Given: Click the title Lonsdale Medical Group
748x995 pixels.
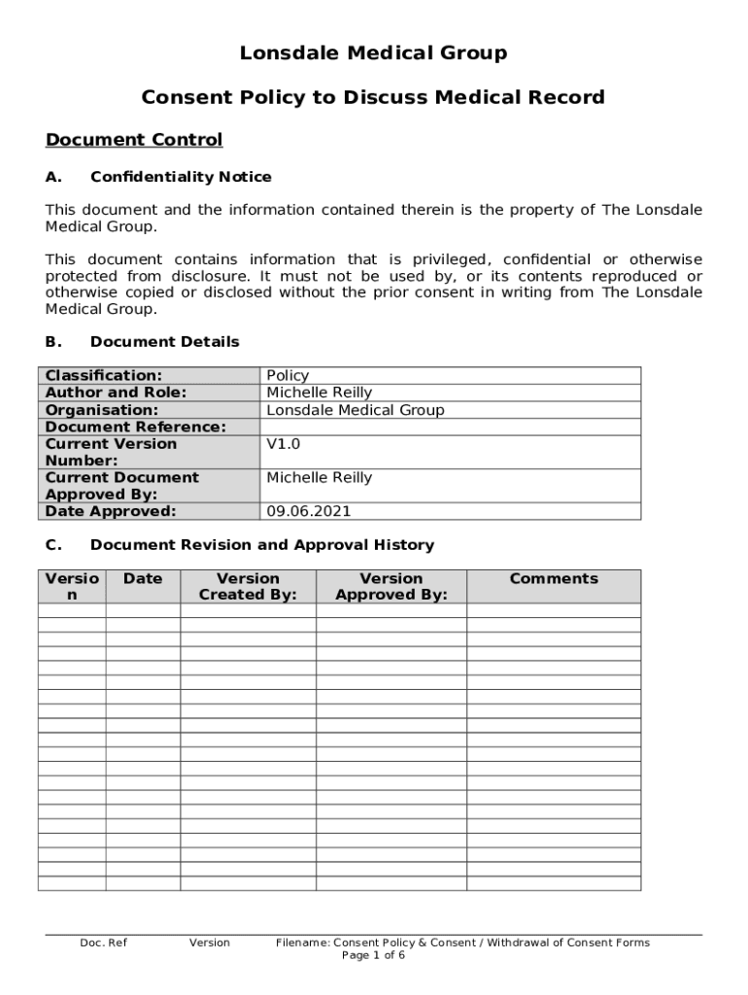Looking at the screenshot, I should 373,53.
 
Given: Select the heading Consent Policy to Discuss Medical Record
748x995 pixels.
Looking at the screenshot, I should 373,97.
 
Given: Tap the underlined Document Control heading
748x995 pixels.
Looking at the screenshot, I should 134,140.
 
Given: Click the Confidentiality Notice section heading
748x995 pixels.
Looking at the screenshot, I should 181,177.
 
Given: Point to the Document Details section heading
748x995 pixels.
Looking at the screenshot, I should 164,342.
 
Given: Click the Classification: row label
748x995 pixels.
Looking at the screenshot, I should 104,375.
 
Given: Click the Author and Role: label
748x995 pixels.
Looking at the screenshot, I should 116,393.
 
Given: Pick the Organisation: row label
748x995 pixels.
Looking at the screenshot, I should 102,410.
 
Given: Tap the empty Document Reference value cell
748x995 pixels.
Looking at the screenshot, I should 451,427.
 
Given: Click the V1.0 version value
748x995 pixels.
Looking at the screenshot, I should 284,444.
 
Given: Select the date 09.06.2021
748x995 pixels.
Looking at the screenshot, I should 309,511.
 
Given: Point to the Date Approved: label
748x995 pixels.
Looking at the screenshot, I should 111,511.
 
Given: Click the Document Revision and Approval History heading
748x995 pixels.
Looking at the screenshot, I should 261,545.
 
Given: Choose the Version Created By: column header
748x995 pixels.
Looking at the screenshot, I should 248,587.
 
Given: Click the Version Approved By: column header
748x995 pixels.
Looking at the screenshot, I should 391,587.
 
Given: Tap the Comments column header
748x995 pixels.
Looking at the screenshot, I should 554,579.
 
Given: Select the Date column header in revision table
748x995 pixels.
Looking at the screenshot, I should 143,579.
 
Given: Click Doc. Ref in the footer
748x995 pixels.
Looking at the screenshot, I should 103,943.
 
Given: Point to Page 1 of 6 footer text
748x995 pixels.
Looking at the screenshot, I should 373,955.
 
